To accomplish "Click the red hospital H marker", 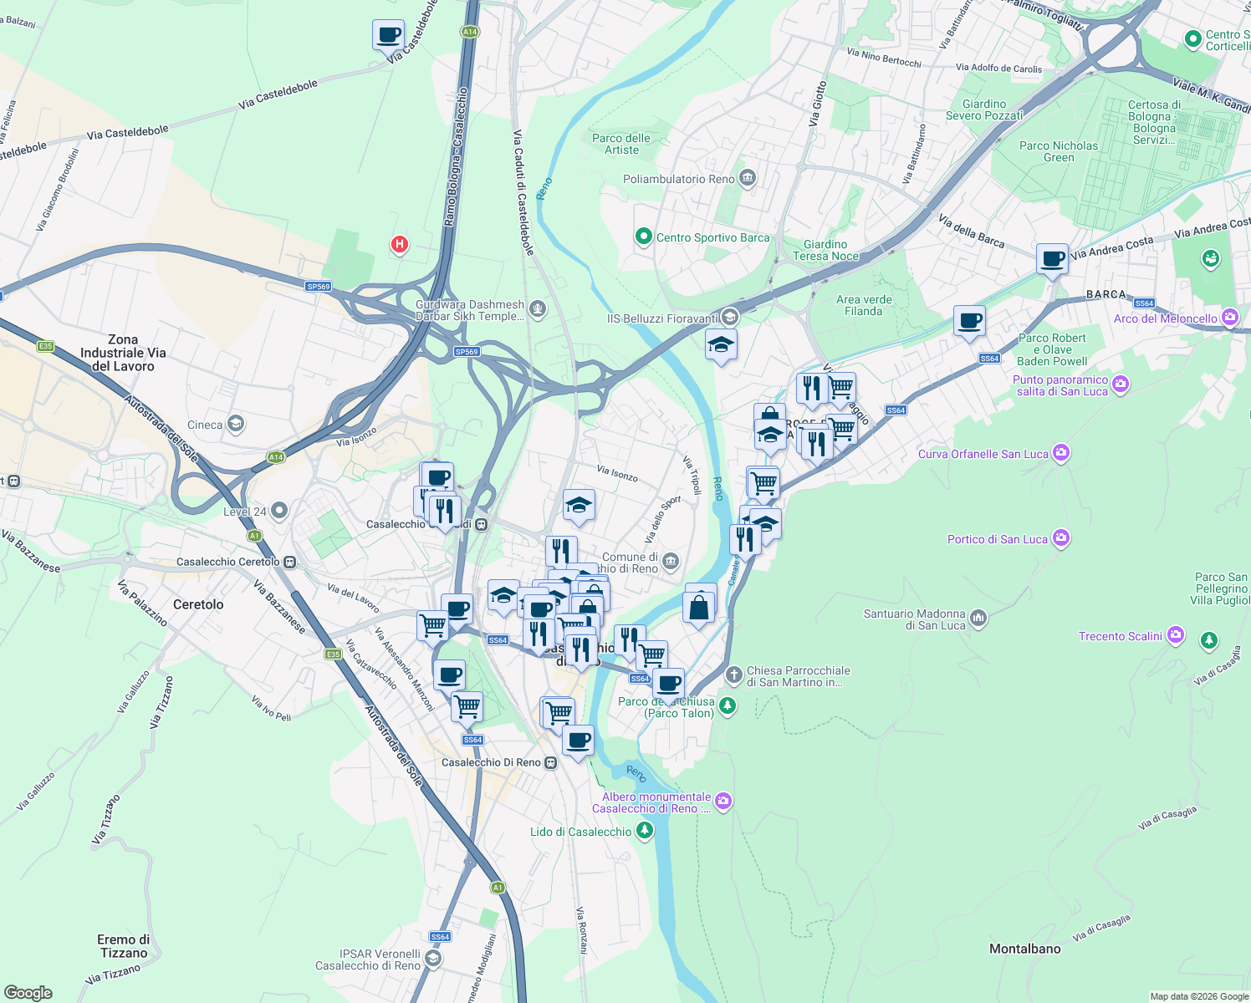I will (400, 244).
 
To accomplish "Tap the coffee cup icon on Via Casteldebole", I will (388, 36).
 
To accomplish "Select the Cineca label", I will (205, 425).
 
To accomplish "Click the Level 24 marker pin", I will (279, 510).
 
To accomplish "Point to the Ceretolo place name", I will (198, 604).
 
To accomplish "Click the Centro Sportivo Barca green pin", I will (643, 237).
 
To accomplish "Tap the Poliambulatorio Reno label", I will (678, 179).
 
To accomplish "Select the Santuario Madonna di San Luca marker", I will (978, 619).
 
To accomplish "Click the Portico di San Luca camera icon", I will (1061, 537).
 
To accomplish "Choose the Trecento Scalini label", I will (1120, 636).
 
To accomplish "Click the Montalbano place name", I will (1024, 949).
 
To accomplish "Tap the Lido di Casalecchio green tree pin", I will (644, 831).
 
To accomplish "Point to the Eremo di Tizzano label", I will (124, 946).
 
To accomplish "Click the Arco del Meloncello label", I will (1166, 318).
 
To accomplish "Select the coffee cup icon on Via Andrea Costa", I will (1052, 259).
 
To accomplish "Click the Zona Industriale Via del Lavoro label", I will (123, 353).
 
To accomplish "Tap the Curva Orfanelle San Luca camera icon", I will (1061, 453).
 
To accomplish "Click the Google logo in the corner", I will (28, 992).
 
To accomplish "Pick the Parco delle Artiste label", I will (621, 144).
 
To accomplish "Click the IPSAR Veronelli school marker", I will (432, 959).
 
